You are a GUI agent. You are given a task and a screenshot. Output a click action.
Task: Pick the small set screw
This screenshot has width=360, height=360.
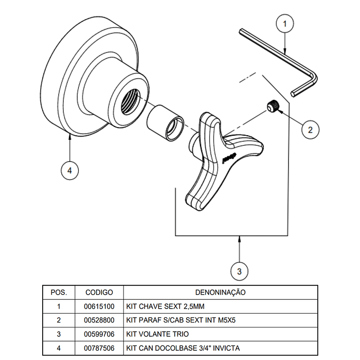[273, 107]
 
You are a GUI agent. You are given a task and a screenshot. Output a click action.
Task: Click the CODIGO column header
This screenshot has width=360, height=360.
[99, 292]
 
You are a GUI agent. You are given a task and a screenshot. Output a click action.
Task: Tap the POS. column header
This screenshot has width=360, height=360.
[59, 292]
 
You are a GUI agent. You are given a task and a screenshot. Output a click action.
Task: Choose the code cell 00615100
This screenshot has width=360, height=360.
[99, 306]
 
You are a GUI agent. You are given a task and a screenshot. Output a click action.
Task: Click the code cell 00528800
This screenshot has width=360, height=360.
[99, 320]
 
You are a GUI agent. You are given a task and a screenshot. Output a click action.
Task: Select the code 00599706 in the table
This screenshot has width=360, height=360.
[99, 334]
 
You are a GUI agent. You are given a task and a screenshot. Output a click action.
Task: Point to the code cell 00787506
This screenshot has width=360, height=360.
[99, 348]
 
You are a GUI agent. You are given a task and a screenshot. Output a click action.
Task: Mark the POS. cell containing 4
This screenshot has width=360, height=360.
[59, 348]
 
